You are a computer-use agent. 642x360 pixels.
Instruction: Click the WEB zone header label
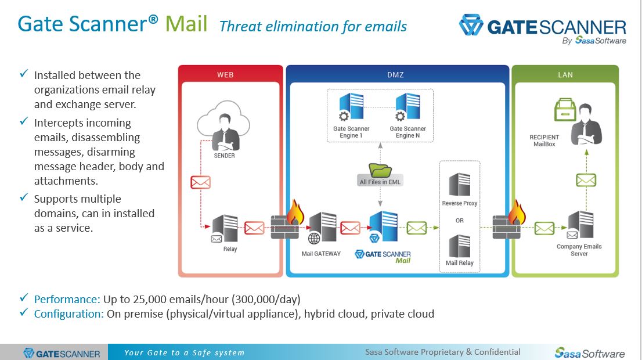(225, 75)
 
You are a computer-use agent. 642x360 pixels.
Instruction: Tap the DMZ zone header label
(395, 75)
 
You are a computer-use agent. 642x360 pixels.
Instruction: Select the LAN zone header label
(565, 75)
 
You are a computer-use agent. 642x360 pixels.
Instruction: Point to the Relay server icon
(225, 228)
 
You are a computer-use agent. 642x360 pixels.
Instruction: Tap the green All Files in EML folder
(380, 171)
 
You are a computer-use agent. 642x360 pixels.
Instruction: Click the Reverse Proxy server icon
(460, 185)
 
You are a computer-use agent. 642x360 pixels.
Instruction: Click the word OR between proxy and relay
(460, 221)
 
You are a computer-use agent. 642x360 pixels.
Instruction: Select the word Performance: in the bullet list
(67, 300)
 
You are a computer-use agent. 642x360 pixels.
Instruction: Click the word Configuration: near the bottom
(69, 314)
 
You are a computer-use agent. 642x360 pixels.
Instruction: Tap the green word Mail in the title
(186, 24)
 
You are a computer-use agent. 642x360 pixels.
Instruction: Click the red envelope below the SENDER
(200, 182)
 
